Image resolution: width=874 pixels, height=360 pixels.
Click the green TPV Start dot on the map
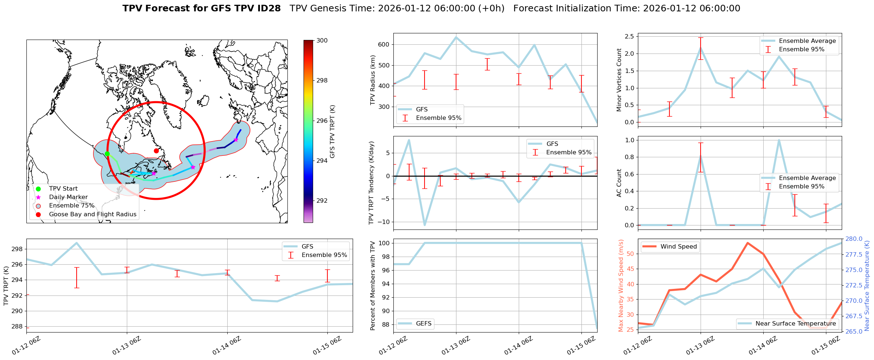click(107, 154)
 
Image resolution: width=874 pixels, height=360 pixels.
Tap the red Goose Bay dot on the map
click(156, 151)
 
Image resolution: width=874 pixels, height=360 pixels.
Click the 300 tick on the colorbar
click(322, 41)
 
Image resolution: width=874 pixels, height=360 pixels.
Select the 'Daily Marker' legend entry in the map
click(68, 197)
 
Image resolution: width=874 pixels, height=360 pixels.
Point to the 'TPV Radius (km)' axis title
click(373, 80)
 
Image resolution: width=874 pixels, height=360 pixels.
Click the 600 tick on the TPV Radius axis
click(384, 45)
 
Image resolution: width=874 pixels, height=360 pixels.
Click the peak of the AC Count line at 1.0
click(779, 140)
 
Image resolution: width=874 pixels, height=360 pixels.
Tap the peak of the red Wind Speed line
click(748, 243)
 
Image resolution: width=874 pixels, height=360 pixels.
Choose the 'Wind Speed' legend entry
click(678, 247)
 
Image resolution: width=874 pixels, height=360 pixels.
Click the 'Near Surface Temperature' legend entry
click(796, 324)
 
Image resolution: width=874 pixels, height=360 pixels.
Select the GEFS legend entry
click(423, 324)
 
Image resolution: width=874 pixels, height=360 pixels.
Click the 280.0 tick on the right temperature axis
click(854, 239)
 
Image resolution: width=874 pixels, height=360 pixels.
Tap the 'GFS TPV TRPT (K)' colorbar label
click(332, 131)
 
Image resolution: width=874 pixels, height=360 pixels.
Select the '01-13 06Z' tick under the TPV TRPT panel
click(126, 346)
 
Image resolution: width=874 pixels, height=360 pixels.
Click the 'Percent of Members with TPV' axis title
click(373, 286)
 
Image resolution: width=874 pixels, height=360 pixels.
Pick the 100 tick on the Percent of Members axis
click(384, 243)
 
